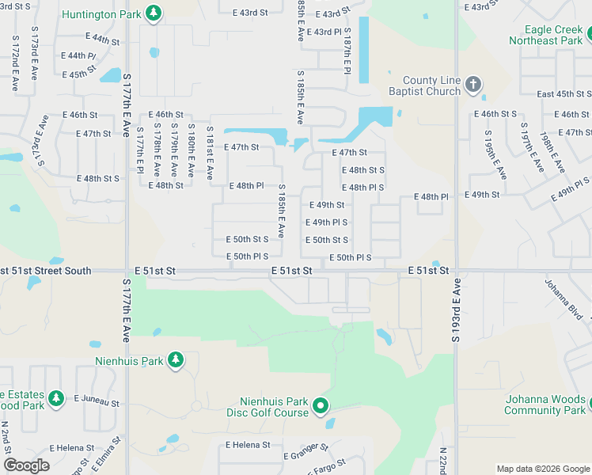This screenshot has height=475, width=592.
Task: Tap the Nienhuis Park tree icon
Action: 175,361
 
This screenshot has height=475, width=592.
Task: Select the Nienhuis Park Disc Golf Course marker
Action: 321,407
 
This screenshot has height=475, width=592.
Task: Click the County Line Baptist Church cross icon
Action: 472,85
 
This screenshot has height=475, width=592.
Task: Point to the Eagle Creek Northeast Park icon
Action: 590,35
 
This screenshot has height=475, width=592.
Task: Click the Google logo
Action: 26,465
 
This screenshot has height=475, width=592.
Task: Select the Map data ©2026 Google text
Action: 543,469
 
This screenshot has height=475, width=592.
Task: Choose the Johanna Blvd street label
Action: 564,300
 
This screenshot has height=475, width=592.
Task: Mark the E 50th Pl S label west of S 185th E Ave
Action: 247,256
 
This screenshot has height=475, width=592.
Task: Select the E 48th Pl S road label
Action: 362,188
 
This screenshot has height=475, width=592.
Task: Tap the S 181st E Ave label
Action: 210,152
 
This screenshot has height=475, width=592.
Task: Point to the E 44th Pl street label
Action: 82,56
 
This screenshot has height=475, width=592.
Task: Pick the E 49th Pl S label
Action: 327,222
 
